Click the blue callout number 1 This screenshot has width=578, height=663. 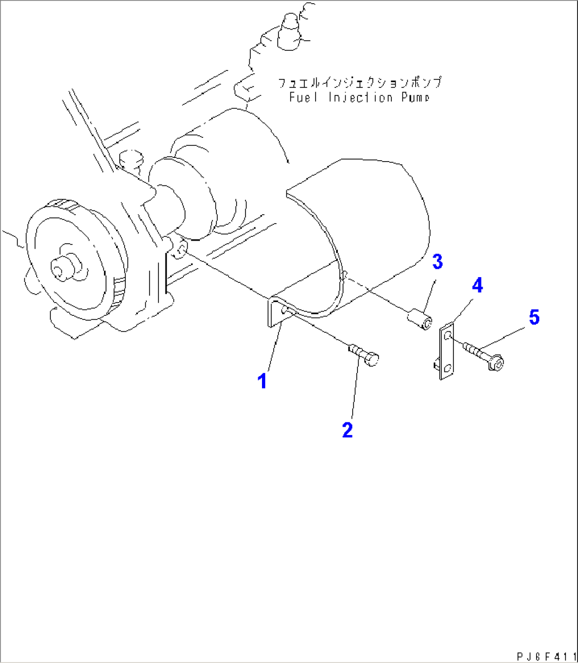262,381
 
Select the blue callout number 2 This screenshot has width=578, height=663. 347,429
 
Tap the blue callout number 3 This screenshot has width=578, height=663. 436,262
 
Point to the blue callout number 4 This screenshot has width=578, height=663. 477,286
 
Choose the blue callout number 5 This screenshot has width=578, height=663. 533,317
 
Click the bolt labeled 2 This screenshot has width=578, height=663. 364,355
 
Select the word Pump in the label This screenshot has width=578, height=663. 414,98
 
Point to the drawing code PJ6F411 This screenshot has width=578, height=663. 546,655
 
